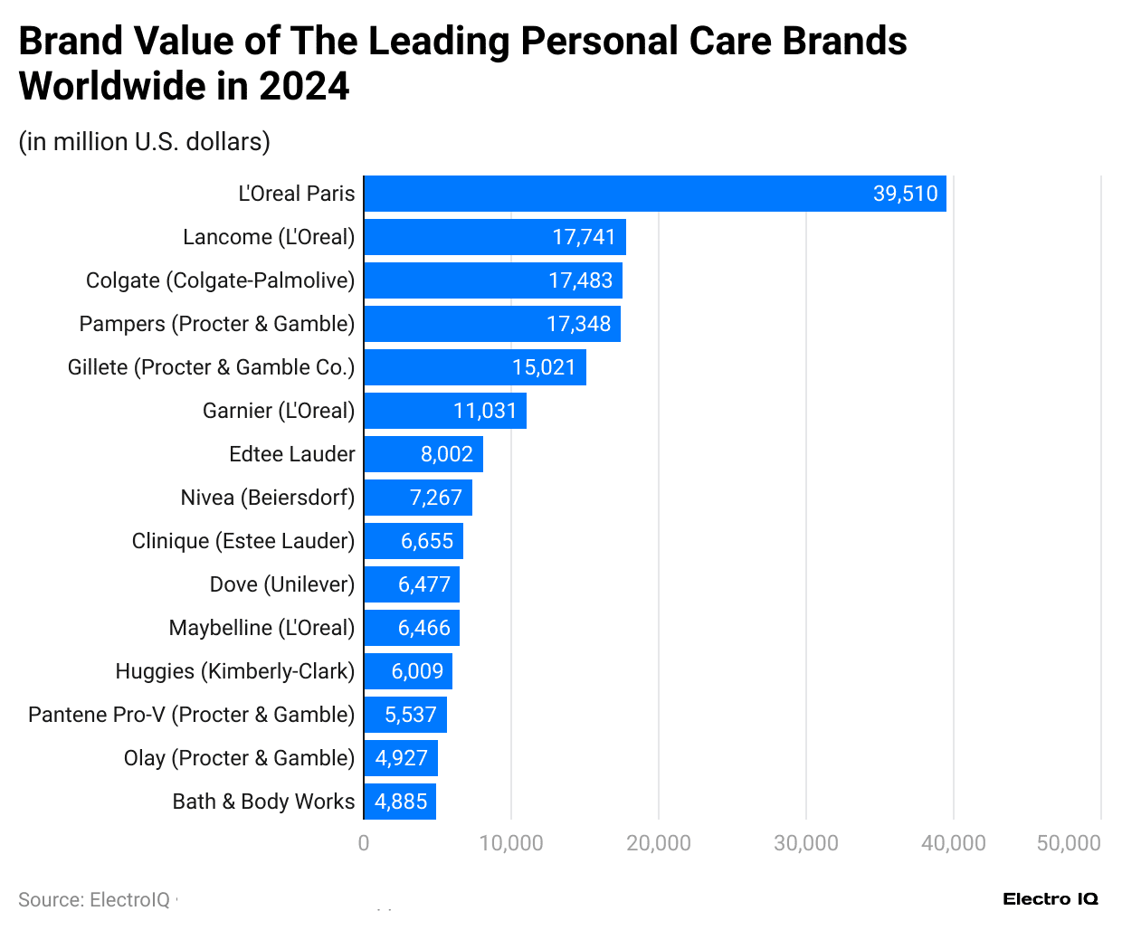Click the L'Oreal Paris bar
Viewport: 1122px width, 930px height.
(654, 194)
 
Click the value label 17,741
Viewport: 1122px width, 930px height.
(584, 237)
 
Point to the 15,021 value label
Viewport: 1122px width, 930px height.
(544, 367)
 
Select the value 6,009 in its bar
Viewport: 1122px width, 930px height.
(417, 671)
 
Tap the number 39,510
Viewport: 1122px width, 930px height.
(905, 194)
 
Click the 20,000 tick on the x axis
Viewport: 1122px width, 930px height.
(658, 843)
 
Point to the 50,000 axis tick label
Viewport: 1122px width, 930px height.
(1068, 843)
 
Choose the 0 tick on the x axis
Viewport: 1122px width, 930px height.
(364, 843)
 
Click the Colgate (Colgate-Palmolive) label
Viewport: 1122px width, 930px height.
(220, 280)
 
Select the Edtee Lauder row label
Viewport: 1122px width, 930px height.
(291, 454)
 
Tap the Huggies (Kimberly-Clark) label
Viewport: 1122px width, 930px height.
(234, 671)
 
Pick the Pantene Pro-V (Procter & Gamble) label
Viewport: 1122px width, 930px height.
(191, 715)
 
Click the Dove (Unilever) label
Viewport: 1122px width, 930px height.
(281, 584)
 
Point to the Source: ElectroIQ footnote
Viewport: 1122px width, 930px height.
(94, 900)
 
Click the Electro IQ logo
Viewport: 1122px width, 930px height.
(1050, 898)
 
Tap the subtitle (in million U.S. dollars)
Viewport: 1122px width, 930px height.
(145, 142)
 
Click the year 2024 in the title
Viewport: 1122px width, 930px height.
(304, 87)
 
